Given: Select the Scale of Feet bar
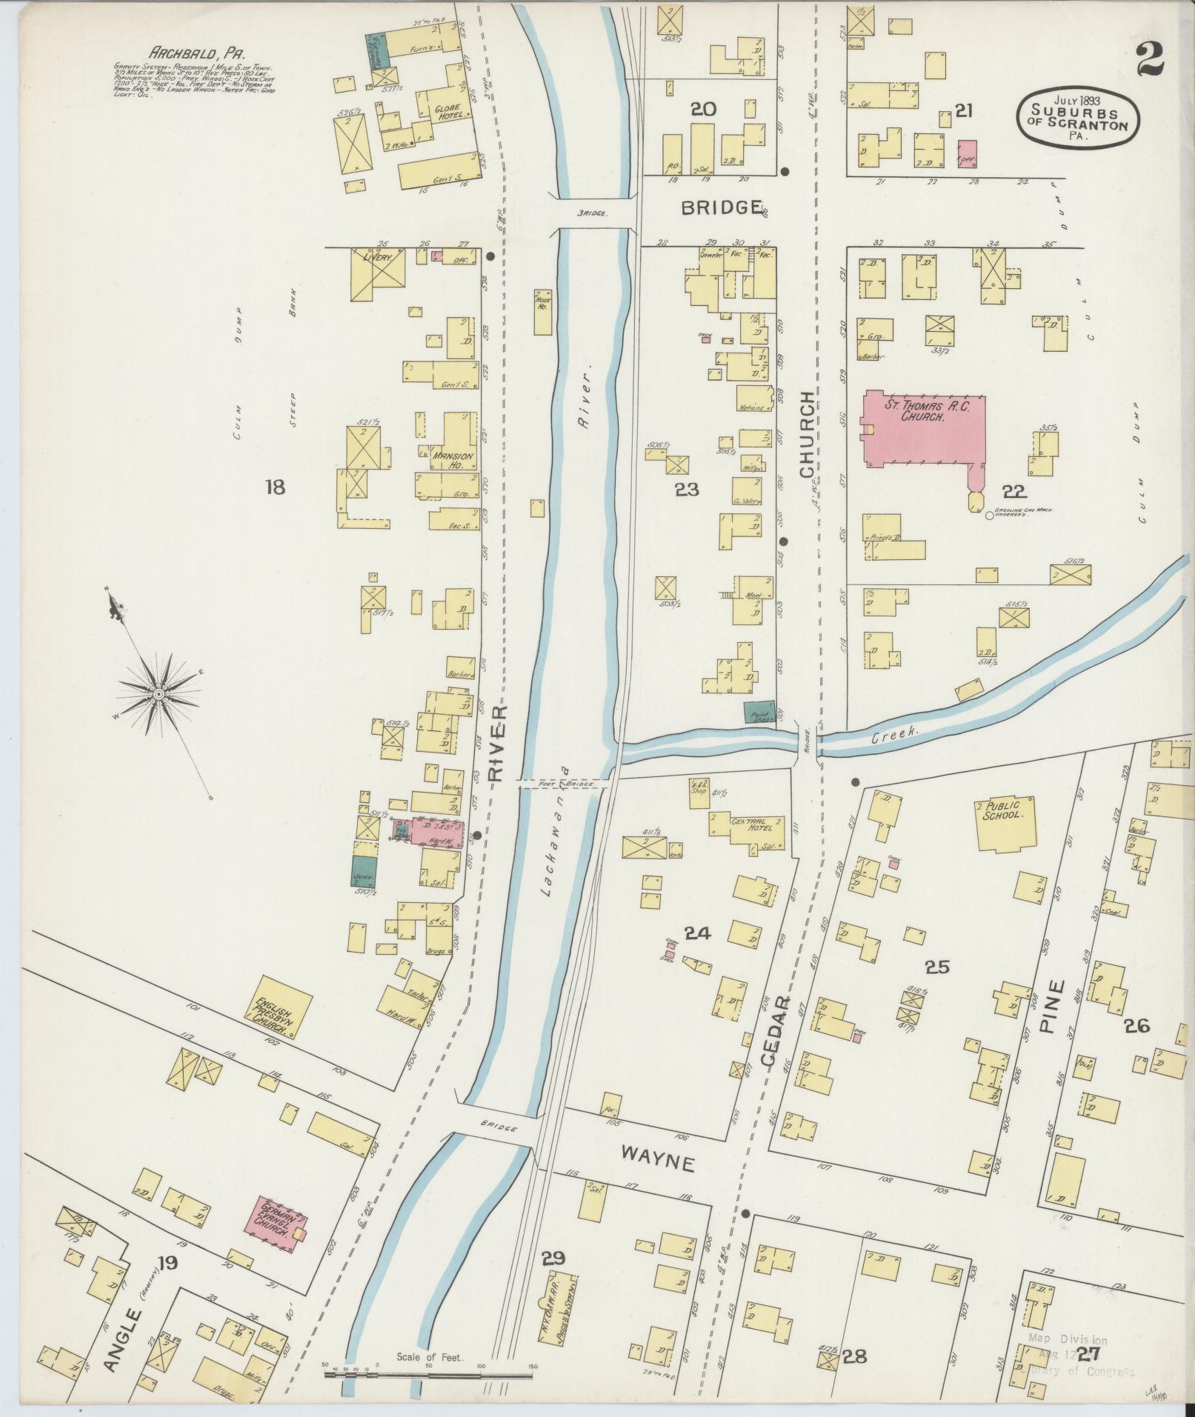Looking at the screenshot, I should coord(430,1374).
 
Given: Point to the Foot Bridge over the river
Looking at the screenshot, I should coord(564,783).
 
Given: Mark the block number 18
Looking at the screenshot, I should coord(274,487).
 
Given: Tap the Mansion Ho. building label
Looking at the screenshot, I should coord(458,461).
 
